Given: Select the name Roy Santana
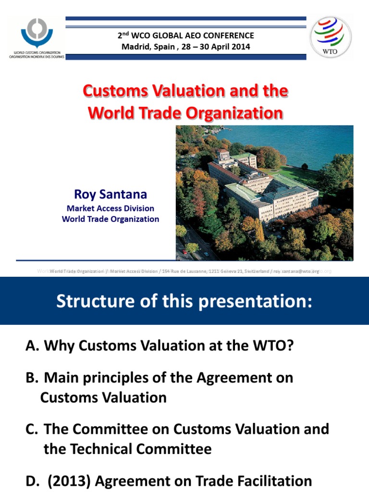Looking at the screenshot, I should pos(111,195).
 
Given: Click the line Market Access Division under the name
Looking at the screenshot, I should pos(111,209).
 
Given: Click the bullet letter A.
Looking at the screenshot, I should pos(31,346).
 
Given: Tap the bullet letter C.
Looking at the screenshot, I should pos(31,429).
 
